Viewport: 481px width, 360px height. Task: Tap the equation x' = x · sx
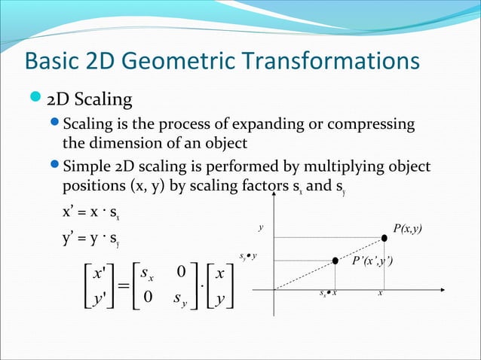(95, 212)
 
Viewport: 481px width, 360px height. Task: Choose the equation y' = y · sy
(95, 242)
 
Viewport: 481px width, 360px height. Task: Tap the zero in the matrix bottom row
(149, 300)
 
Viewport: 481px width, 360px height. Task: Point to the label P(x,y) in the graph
(407, 227)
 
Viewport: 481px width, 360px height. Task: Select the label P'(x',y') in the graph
(372, 261)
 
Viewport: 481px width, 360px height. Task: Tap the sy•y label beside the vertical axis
(248, 257)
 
